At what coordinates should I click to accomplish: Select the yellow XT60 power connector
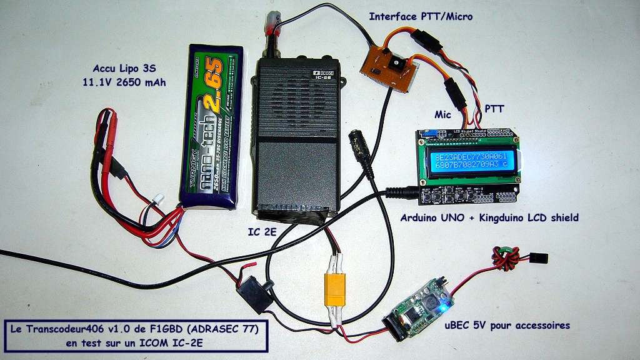[x=332, y=291]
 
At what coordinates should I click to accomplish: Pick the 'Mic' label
[x=444, y=114]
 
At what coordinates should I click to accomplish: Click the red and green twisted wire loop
[x=504, y=258]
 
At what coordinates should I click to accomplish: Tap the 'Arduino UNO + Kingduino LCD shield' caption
[x=489, y=218]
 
